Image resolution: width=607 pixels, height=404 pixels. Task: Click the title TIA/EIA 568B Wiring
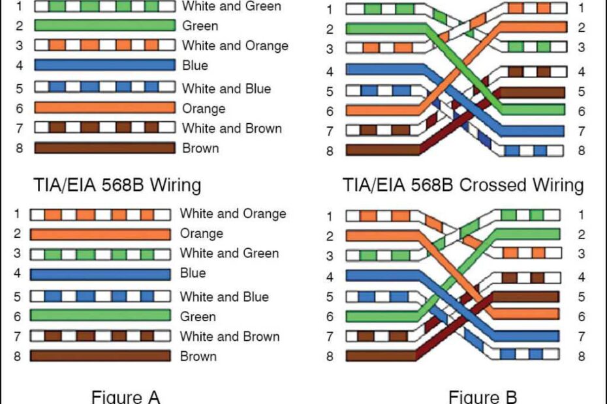[x=117, y=185]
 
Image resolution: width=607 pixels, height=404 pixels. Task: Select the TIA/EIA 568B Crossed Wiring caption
[x=463, y=185]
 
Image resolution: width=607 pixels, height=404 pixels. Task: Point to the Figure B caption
[x=482, y=396]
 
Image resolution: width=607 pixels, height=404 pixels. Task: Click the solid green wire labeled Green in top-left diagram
[x=104, y=26]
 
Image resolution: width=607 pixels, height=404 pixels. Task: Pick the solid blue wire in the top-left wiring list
[x=104, y=65]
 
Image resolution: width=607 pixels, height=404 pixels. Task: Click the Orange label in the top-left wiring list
[x=204, y=108]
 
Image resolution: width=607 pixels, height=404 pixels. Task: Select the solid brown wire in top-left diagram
[x=104, y=148]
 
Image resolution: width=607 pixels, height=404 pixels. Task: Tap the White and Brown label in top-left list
[x=232, y=128]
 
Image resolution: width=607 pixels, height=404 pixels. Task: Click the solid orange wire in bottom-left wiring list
[x=100, y=233]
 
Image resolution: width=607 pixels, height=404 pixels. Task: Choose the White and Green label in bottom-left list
[x=229, y=253]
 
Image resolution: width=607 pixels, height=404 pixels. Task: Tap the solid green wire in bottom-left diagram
[x=100, y=316]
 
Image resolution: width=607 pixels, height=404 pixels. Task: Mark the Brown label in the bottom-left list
[x=198, y=356]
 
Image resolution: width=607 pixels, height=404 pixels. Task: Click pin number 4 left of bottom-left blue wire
[x=17, y=273]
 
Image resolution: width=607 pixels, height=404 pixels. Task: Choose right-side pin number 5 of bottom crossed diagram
[x=581, y=297]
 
